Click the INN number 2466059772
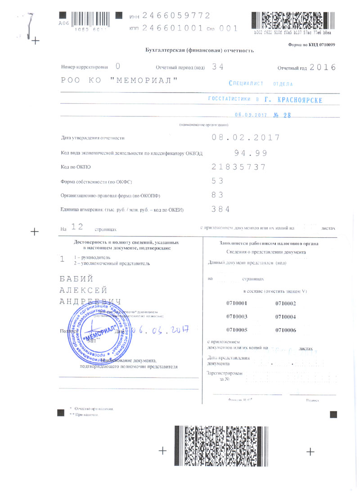[x=176, y=16]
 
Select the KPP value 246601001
[x=172, y=27]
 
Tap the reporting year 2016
[x=323, y=67]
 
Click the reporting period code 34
[x=218, y=67]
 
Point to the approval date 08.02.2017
[x=246, y=138]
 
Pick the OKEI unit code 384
[x=221, y=209]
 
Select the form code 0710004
[x=285, y=317]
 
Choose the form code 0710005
[x=237, y=330]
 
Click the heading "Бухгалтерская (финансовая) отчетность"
[x=200, y=50]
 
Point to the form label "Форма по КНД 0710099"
[x=311, y=45]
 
